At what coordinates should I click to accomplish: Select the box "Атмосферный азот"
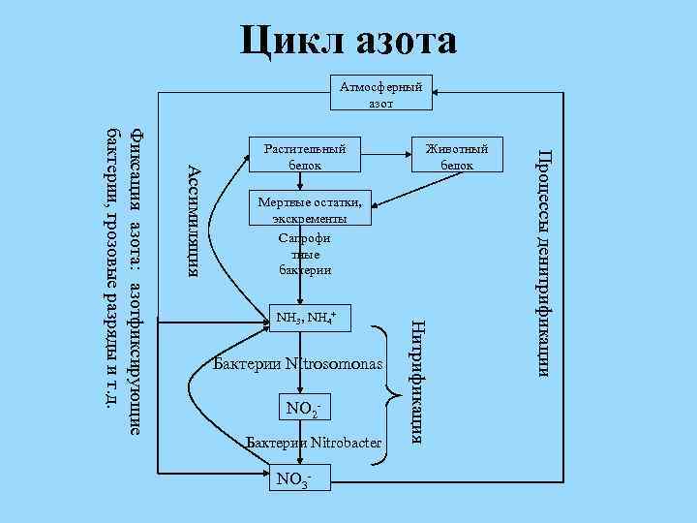pyautogui.click(x=380, y=94)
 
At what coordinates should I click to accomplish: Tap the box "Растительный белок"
pyautogui.click(x=305, y=157)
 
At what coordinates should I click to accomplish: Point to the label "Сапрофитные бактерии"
pyautogui.click(x=305, y=253)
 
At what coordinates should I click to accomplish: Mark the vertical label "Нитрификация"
pyautogui.click(x=415, y=378)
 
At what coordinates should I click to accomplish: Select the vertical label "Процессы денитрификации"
pyautogui.click(x=545, y=261)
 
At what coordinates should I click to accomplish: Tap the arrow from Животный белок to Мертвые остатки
pyautogui.click(x=407, y=192)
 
